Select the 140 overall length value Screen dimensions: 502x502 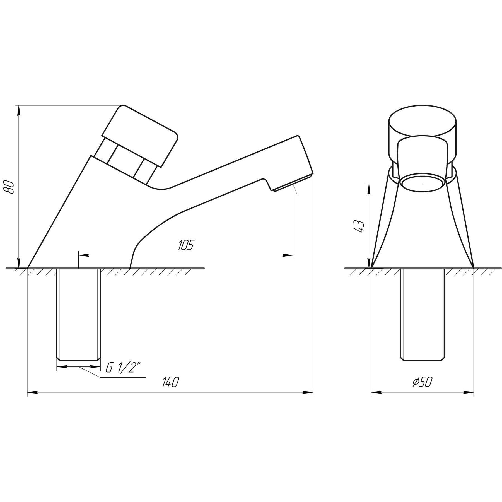170,382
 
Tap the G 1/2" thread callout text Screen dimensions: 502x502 122,368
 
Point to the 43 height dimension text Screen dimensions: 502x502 359,226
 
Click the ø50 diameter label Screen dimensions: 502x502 422,382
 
